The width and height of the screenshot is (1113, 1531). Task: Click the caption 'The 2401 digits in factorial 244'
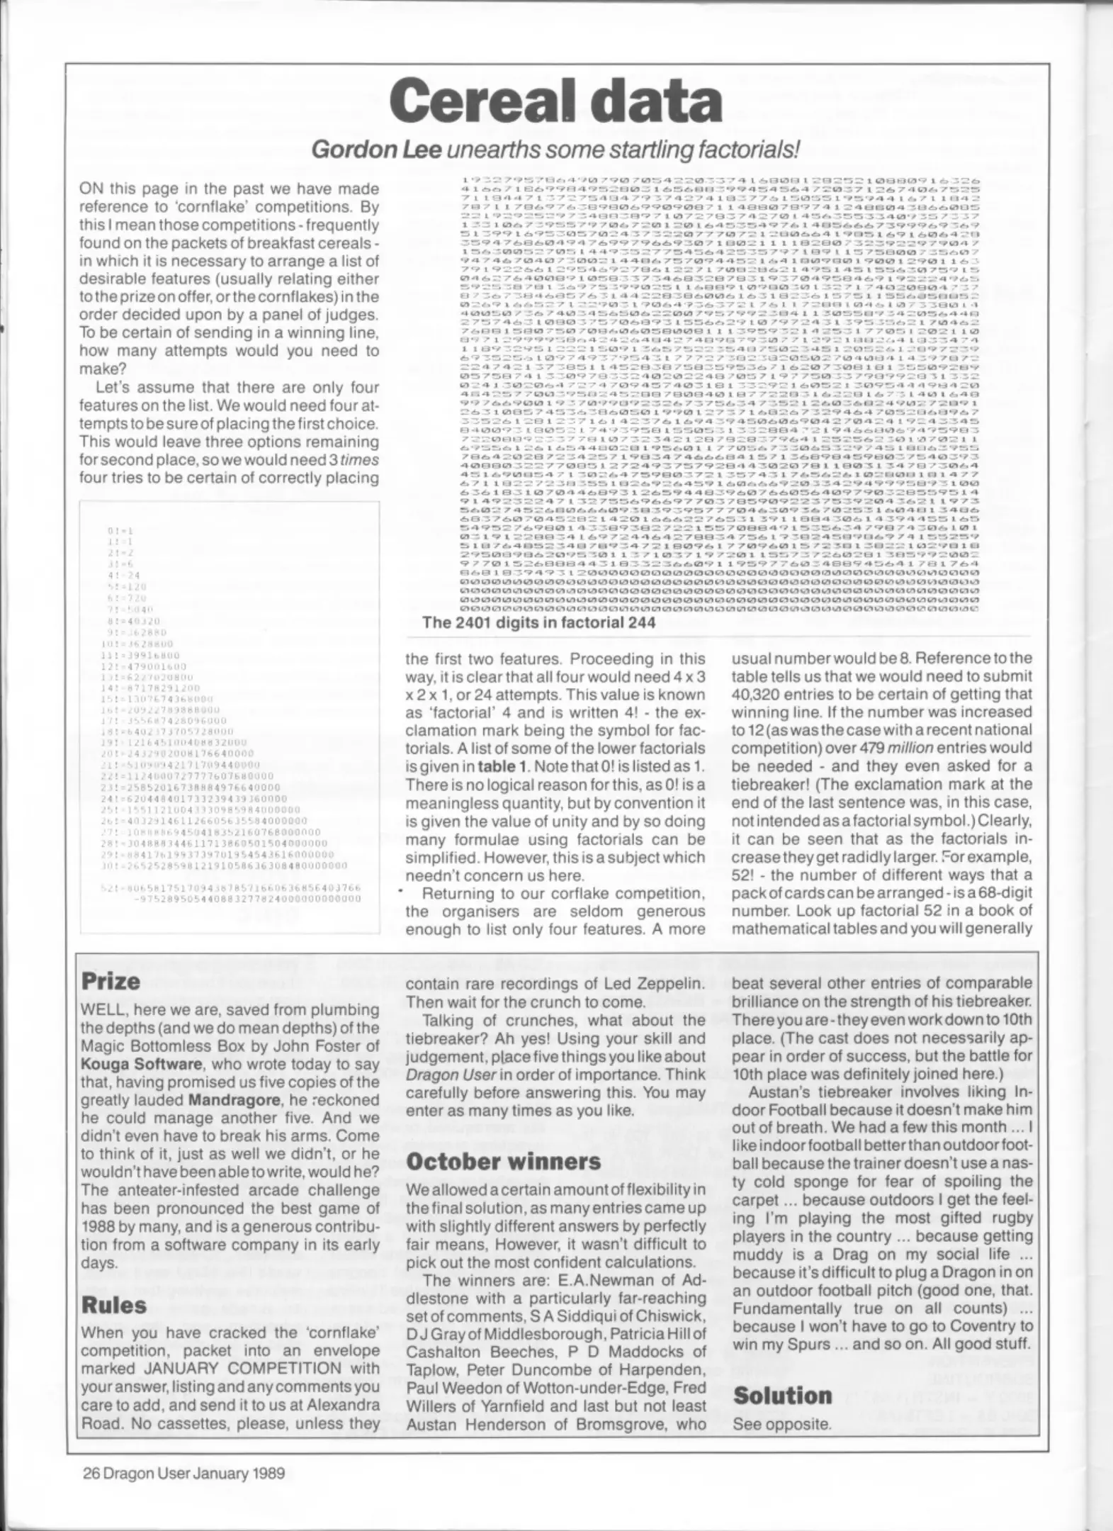pos(538,622)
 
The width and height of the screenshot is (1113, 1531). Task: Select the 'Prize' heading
pos(111,981)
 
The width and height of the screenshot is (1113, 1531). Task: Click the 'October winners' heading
pos(503,1161)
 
